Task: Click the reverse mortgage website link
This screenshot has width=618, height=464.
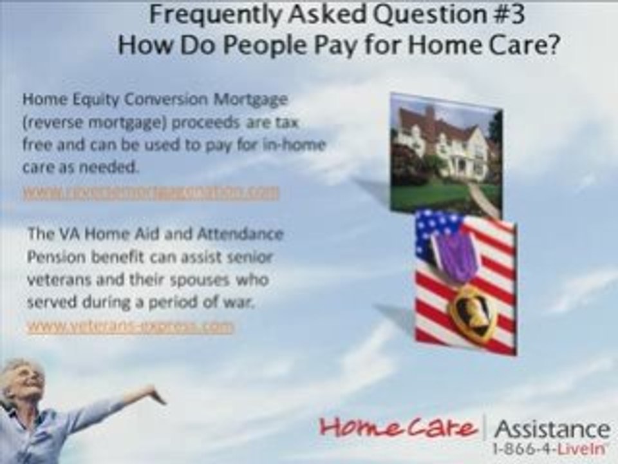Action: pyautogui.click(x=152, y=192)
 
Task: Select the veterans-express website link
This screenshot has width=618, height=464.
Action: pyautogui.click(x=131, y=327)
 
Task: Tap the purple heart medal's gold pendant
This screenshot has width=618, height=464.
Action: pyautogui.click(x=472, y=313)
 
